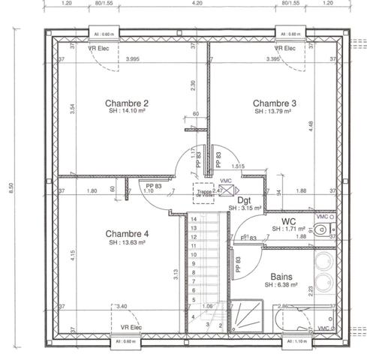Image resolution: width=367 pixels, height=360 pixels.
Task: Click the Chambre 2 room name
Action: (126, 103)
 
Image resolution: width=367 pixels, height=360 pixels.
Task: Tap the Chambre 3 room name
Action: (274, 103)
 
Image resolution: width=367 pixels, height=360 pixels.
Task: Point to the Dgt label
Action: (244, 200)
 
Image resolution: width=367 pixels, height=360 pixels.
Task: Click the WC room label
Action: (288, 221)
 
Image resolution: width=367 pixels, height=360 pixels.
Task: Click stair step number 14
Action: (194, 219)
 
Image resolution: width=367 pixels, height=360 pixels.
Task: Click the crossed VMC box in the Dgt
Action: (227, 191)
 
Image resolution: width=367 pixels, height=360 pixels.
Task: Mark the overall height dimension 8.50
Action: (11, 186)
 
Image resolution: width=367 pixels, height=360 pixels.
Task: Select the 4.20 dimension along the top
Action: (197, 4)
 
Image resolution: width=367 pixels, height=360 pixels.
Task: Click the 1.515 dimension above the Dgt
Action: (238, 166)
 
